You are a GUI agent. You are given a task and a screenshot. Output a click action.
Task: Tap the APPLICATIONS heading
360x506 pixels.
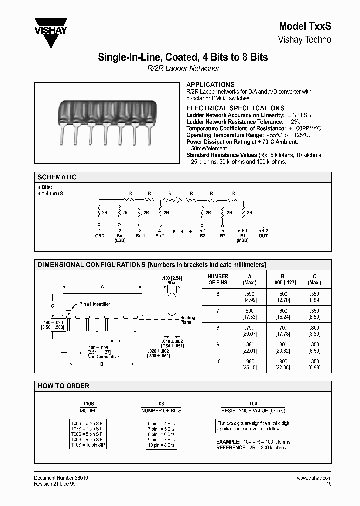(210, 85)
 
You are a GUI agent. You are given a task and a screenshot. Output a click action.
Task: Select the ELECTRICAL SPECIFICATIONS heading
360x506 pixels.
(235, 108)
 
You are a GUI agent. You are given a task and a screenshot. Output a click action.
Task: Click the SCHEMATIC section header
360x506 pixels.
(57, 177)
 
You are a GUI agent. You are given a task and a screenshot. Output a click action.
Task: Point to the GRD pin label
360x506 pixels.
(100, 236)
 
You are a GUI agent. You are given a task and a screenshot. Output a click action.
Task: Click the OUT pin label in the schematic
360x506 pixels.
(263, 236)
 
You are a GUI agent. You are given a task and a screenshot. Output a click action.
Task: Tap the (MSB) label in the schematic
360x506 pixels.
(243, 240)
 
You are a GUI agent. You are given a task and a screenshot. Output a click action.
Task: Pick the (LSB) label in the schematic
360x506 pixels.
(120, 240)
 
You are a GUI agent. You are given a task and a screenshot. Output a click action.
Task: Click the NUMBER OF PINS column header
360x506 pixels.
(218, 279)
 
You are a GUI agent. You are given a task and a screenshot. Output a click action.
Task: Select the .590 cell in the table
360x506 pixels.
(250, 294)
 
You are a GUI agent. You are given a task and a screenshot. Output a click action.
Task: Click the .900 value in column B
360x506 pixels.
(282, 361)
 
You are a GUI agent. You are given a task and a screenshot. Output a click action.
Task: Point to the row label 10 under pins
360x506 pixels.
(218, 361)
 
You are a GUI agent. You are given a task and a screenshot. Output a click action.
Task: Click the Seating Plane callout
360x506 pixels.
(187, 320)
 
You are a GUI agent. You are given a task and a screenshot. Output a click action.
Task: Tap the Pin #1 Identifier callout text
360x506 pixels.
(95, 304)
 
